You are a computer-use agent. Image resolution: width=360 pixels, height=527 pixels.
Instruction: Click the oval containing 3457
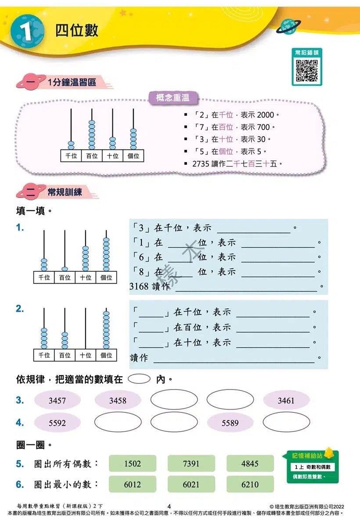click(x=57, y=401)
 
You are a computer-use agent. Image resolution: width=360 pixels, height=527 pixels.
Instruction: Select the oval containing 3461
click(x=286, y=401)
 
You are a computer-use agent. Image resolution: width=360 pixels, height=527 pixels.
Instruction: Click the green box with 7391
click(x=191, y=463)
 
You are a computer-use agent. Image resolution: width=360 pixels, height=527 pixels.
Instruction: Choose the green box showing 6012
click(x=132, y=484)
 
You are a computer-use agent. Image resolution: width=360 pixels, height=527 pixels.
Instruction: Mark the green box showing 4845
click(x=250, y=463)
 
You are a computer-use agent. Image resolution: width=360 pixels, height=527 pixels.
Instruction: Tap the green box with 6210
click(x=250, y=484)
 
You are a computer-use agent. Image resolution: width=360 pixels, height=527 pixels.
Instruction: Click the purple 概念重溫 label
click(x=173, y=98)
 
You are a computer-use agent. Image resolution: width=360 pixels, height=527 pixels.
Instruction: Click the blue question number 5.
click(x=19, y=463)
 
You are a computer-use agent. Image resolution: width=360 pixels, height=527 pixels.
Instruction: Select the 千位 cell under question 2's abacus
click(x=44, y=355)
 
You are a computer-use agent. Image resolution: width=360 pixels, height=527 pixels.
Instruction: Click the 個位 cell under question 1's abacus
click(x=106, y=277)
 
